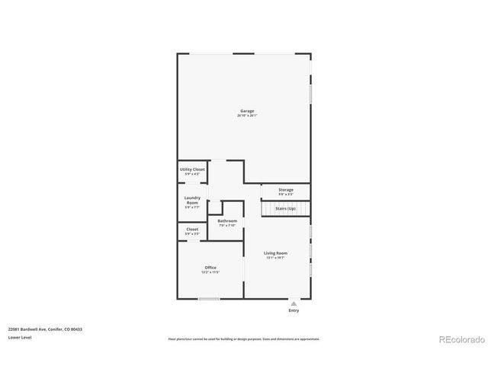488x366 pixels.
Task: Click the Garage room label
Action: [x=247, y=111]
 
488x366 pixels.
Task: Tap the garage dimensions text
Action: [x=247, y=115]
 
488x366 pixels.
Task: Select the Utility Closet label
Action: [x=192, y=169]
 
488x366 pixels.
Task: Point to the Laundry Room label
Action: [x=192, y=199]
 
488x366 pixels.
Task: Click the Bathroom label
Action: [x=227, y=220]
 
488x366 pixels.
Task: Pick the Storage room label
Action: [x=286, y=189]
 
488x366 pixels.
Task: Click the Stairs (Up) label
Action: [x=286, y=207]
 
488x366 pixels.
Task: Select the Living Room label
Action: [x=276, y=252]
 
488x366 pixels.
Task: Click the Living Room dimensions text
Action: [x=276, y=257]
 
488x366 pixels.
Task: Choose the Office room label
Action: [x=210, y=267]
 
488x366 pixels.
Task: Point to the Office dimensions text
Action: [x=210, y=271]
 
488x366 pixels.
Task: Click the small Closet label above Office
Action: [x=192, y=229]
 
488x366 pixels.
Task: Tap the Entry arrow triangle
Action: [x=294, y=303]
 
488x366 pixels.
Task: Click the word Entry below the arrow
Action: [x=294, y=310]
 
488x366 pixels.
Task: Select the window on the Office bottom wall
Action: [x=209, y=298]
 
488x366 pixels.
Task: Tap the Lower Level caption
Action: [x=19, y=337]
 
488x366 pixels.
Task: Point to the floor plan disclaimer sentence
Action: [x=244, y=339]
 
